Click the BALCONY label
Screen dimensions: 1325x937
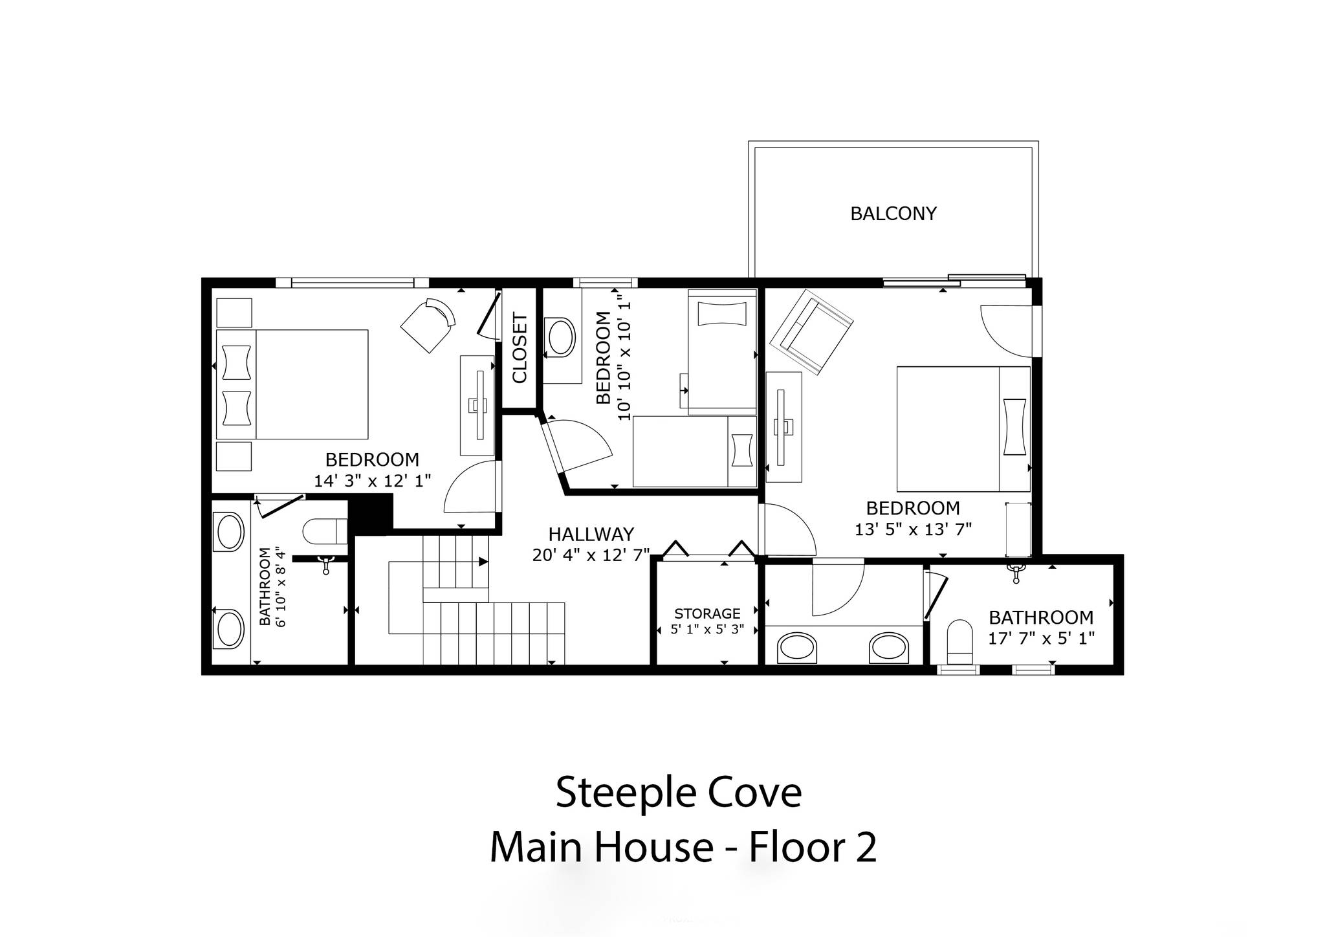click(893, 214)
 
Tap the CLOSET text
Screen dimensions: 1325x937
click(520, 348)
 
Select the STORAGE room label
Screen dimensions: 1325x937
click(707, 613)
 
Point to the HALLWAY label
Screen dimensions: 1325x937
click(591, 535)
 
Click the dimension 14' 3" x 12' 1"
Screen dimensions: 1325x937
click(373, 481)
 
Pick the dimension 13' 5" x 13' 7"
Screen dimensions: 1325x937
click(913, 529)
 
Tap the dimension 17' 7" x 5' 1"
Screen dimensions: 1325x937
click(1041, 639)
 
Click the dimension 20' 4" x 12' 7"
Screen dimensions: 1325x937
click(591, 555)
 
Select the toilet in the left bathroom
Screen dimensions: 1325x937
click(325, 532)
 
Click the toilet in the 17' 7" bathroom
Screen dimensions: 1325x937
click(959, 643)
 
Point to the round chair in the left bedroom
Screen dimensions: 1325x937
click(428, 325)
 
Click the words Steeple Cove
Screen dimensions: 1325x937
click(679, 793)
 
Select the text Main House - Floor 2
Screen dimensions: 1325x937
click(683, 847)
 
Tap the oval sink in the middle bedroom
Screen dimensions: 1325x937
click(561, 336)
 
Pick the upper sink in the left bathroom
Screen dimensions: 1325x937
click(230, 532)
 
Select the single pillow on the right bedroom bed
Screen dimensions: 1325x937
click(1014, 426)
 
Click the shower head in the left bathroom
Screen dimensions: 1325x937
click(326, 564)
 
